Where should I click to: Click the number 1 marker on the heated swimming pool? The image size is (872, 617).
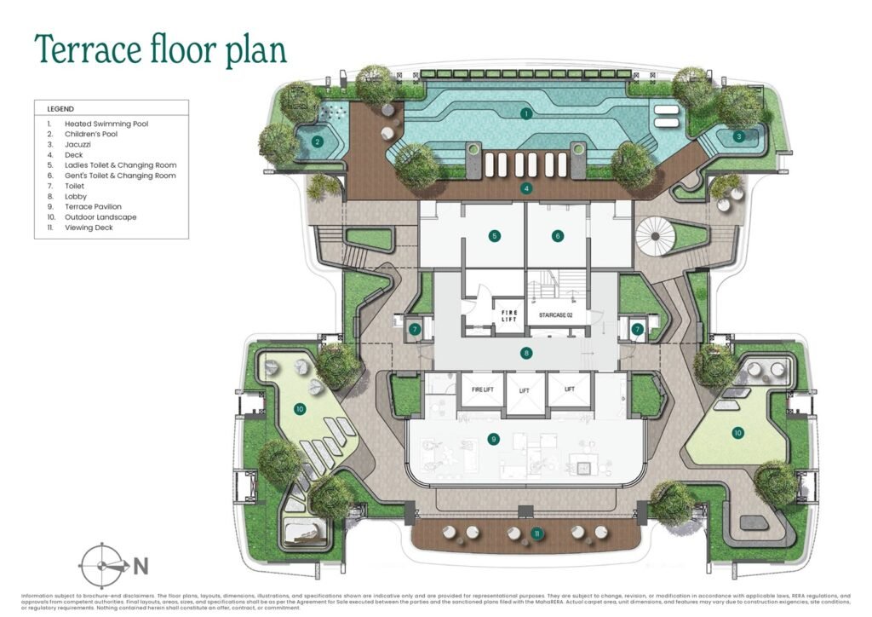(x=526, y=113)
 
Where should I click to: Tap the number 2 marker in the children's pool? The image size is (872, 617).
(x=317, y=142)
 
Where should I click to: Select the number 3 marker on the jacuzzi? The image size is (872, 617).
(x=738, y=136)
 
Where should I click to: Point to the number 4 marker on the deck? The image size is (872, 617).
(x=527, y=188)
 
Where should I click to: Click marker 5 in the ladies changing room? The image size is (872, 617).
(x=494, y=235)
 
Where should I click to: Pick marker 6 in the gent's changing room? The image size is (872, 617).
(x=558, y=235)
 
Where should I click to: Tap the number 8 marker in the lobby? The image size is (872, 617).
(x=527, y=353)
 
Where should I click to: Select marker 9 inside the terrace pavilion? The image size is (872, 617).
(x=493, y=440)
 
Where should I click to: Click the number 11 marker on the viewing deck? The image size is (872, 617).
(x=536, y=533)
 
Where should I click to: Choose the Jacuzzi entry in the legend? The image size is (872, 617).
(x=78, y=145)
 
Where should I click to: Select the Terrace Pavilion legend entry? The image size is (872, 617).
(x=93, y=207)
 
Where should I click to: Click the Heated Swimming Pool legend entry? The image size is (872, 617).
(x=106, y=124)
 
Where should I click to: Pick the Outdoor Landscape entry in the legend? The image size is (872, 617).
(x=100, y=217)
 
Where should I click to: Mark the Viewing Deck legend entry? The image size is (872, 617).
(x=89, y=228)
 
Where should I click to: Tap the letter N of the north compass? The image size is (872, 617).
(x=141, y=564)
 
